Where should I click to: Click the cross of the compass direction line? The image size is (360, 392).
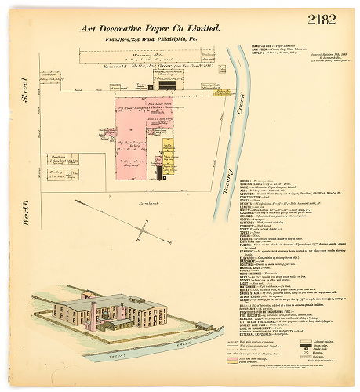pos(142,229)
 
